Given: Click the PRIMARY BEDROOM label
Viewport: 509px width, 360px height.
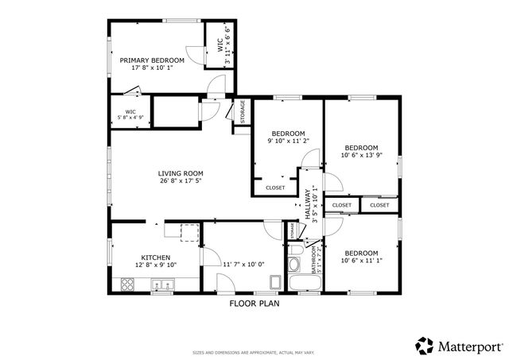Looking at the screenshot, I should point(152,60).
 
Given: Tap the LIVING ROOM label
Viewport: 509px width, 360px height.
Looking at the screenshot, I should point(181,173).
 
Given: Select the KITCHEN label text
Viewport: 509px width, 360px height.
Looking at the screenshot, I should point(156,257).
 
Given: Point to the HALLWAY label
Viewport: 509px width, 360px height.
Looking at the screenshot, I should point(308,199).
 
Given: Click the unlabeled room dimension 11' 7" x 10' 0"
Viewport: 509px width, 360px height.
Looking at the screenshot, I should point(243,264).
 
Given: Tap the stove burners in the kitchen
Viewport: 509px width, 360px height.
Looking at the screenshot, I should point(126,284).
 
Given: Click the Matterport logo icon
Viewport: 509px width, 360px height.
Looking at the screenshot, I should point(425,346).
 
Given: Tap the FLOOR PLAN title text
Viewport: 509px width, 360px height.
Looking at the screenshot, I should point(254,303).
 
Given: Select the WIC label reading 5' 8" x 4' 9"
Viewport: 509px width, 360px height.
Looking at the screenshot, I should point(130,112).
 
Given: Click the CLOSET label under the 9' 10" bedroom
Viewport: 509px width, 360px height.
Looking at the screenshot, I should point(275,188).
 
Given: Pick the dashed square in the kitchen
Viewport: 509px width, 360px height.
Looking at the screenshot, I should point(189,232).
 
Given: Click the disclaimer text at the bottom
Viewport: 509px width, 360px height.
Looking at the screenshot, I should point(254,351).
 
